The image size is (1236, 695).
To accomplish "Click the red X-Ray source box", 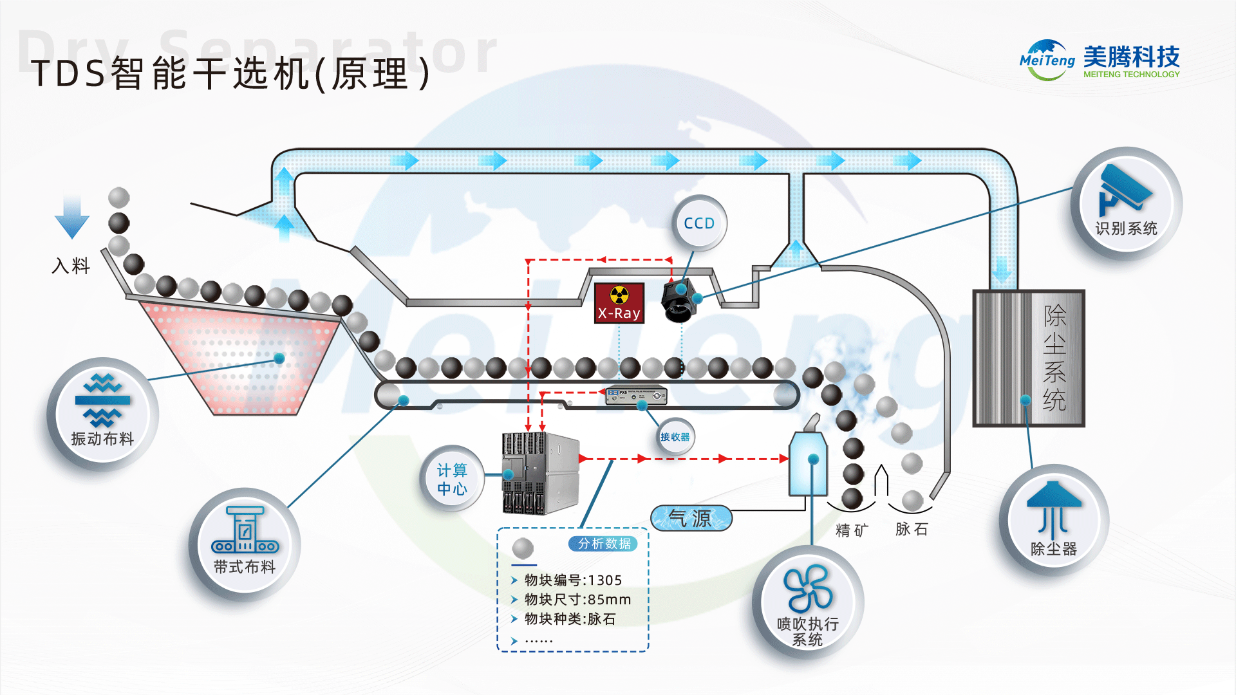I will [x=619, y=303].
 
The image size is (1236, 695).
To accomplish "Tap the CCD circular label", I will [x=700, y=223].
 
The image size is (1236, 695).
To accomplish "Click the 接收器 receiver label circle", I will [x=675, y=437].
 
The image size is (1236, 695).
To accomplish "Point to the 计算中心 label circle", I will [x=452, y=479].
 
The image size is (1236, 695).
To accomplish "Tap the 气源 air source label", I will [x=691, y=518].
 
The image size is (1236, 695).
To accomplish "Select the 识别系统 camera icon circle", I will [x=1126, y=203].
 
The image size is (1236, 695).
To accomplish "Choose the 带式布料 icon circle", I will [x=245, y=544].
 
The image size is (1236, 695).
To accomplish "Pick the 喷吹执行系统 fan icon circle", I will [x=808, y=602].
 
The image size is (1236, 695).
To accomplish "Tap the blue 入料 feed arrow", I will [x=71, y=218].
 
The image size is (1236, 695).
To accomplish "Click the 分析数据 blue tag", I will [x=603, y=544].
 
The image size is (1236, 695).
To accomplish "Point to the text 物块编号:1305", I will [x=573, y=580].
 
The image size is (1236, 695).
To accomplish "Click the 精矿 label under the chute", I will [x=852, y=530].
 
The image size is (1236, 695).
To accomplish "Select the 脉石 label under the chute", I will [x=912, y=529].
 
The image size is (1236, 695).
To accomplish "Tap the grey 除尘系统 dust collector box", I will [x=1028, y=358].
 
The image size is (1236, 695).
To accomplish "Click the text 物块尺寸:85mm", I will [x=577, y=600].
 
